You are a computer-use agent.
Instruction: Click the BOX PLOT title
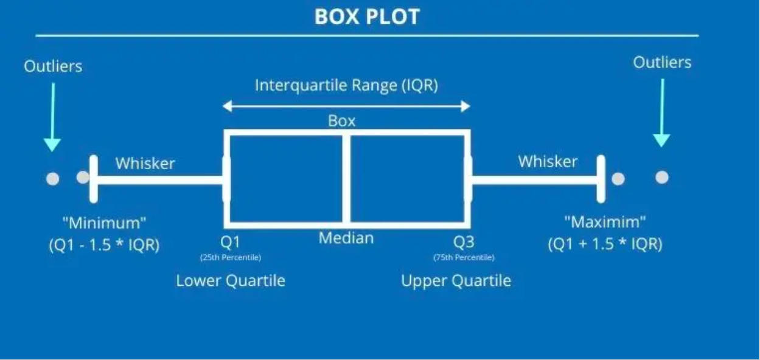click(x=367, y=16)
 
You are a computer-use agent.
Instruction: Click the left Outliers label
click(x=53, y=66)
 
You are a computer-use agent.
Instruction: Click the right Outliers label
click(x=662, y=62)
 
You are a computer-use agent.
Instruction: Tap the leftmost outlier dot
click(x=53, y=179)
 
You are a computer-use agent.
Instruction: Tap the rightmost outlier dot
click(x=662, y=177)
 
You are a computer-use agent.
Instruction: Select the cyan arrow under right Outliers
click(x=662, y=112)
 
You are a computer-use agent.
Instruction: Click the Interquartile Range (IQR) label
click(x=346, y=85)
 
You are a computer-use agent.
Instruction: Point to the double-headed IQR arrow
click(x=346, y=106)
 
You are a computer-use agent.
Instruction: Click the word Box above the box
click(x=341, y=121)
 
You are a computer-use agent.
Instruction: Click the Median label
click(x=346, y=238)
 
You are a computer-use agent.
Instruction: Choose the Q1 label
click(x=230, y=243)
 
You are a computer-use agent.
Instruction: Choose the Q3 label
click(x=464, y=243)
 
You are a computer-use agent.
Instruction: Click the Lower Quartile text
click(x=231, y=281)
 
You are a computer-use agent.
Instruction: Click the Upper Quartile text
click(x=456, y=281)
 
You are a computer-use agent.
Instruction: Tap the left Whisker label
click(x=145, y=163)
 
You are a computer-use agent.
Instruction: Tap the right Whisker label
click(x=548, y=161)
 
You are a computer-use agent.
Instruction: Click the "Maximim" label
click(x=605, y=221)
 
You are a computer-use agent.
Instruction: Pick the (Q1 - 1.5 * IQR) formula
click(x=104, y=246)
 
